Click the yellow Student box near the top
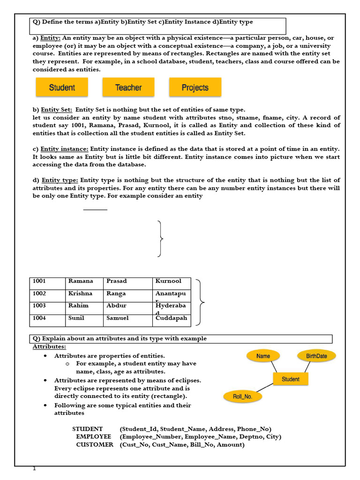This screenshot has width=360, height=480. point(62,88)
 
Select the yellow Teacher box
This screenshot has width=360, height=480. point(128,88)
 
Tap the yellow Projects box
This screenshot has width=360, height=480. point(195,88)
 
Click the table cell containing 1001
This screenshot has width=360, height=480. point(47,283)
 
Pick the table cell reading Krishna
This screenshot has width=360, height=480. point(84,295)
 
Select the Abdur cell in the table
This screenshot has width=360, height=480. point(127,308)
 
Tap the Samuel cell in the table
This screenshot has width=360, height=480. point(127,320)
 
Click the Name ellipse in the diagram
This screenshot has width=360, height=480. point(263,356)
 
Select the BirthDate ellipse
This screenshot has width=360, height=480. point(316,356)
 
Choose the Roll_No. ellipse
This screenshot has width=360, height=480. point(243,397)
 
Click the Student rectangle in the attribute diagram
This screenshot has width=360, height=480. point(291,379)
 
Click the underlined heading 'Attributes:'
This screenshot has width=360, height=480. point(49,347)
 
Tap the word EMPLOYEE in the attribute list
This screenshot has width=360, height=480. point(94,437)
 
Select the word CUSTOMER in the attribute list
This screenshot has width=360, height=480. point(95,445)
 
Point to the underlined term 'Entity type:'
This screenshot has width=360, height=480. point(60,180)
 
